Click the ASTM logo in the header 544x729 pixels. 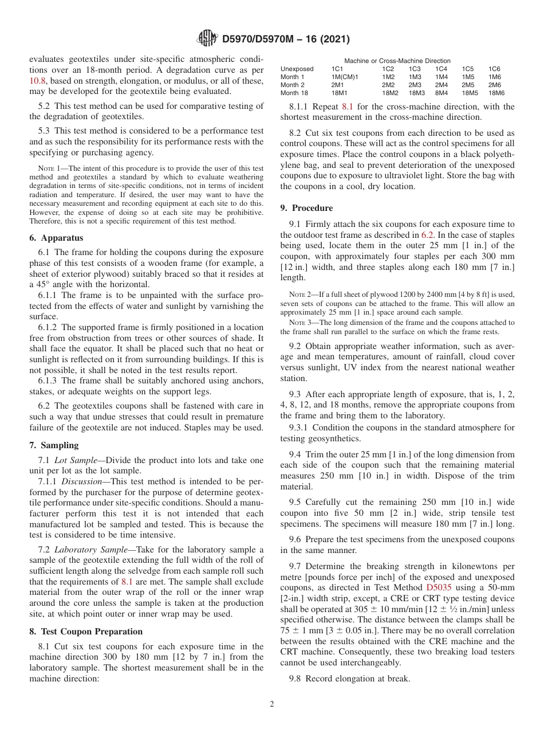click(207, 38)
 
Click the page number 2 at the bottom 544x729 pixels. click(272, 704)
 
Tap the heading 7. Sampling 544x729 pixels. click(54, 445)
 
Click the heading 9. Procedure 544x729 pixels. click(306, 208)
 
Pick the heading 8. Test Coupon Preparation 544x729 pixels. click(86, 632)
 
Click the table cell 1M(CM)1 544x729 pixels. click(344, 77)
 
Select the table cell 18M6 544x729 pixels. click(496, 93)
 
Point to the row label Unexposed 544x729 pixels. click(297, 69)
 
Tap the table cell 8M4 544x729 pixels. click(441, 93)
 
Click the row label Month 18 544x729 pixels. click(294, 93)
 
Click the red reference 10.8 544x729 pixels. click(38, 81)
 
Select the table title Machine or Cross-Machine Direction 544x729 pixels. click(397, 61)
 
